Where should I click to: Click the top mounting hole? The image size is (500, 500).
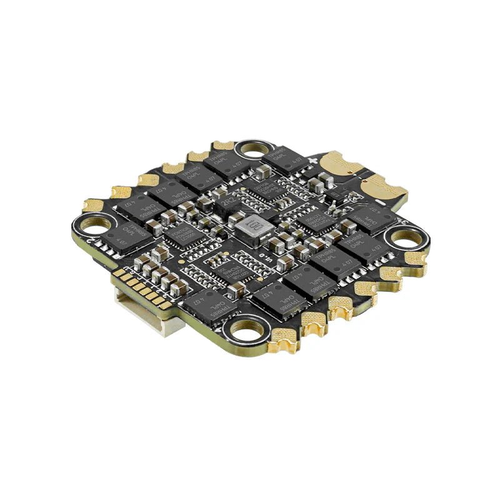click(x=252, y=149)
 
